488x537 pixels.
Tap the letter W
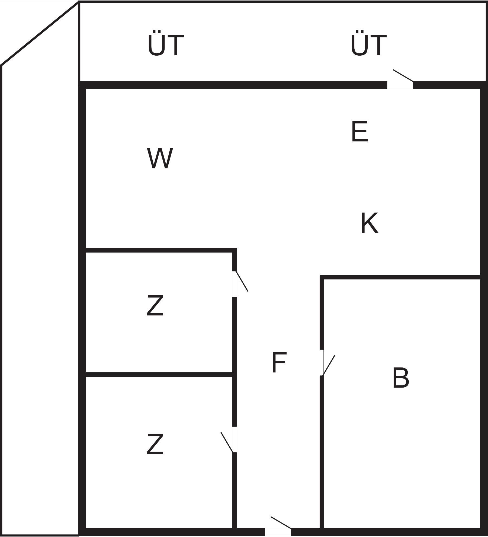click(x=160, y=158)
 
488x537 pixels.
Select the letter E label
click(x=360, y=132)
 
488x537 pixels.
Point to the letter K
click(x=370, y=223)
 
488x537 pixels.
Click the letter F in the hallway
click(x=279, y=363)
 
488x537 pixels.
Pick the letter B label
click(x=401, y=378)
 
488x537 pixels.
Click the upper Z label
click(x=155, y=306)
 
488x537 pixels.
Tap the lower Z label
click(x=155, y=444)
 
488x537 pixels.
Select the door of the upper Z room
click(x=240, y=284)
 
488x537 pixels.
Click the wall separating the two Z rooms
click(x=159, y=375)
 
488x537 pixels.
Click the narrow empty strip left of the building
click(x=40, y=298)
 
